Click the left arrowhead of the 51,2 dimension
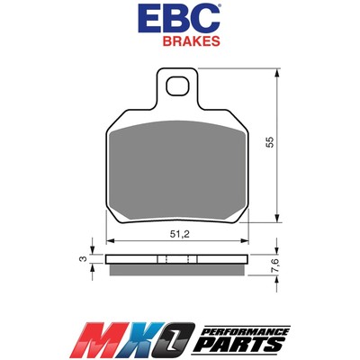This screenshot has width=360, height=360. [x=110, y=241]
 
